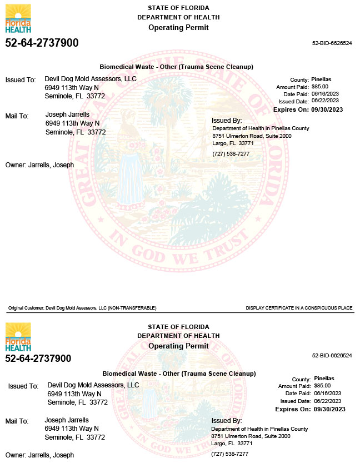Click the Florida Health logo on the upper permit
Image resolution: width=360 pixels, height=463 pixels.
[18, 18]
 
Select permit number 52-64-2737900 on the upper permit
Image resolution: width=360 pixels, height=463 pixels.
[42, 43]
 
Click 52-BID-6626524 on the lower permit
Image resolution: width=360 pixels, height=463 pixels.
[332, 355]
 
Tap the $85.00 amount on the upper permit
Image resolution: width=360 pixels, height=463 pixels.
[320, 87]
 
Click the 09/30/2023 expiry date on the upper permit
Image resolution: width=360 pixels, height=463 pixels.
[327, 109]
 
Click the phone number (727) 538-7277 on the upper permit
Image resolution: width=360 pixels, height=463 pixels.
[231, 153]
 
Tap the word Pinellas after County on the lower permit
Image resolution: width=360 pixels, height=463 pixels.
[324, 378]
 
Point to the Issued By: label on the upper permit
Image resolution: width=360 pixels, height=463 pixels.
[227, 121]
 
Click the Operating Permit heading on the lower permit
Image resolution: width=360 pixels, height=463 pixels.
[178, 346]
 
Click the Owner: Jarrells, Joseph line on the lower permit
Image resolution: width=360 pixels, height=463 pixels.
[39, 455]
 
